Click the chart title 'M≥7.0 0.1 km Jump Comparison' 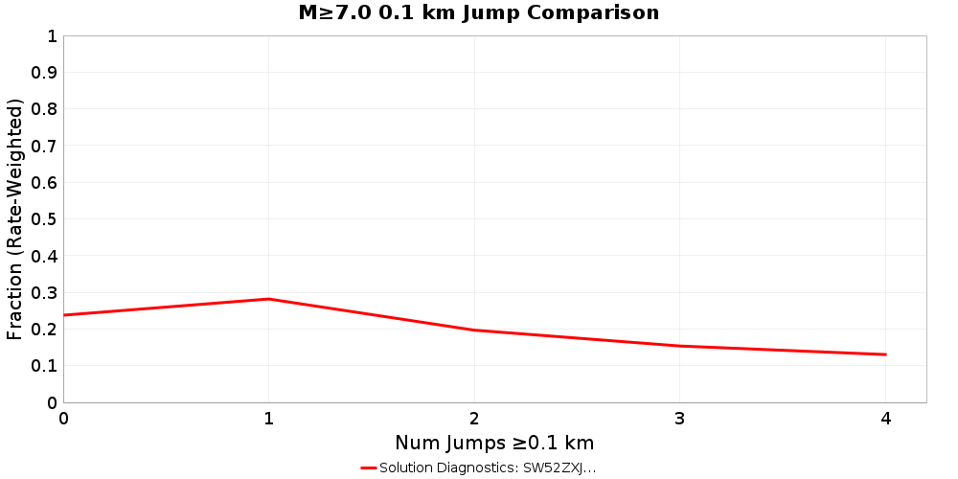pos(479,12)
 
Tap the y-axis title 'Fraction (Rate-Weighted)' pos(14,218)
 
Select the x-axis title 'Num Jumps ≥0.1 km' pos(494,443)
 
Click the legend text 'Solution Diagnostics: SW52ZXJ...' pos(488,468)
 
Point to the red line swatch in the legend pos(369,468)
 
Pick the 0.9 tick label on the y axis pos(45,73)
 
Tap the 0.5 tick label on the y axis pos(45,219)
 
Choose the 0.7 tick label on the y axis pos(45,146)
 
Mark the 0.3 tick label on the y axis pos(45,293)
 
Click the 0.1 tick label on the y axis pos(45,366)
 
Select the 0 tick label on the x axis pos(63,418)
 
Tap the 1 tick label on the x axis pos(269,418)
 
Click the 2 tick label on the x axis pos(474,418)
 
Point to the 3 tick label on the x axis pos(679,418)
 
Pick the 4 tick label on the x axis pos(885,418)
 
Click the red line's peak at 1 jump pos(269,299)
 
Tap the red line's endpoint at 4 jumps pos(885,354)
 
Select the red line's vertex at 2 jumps pos(474,331)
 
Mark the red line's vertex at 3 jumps pos(679,346)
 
